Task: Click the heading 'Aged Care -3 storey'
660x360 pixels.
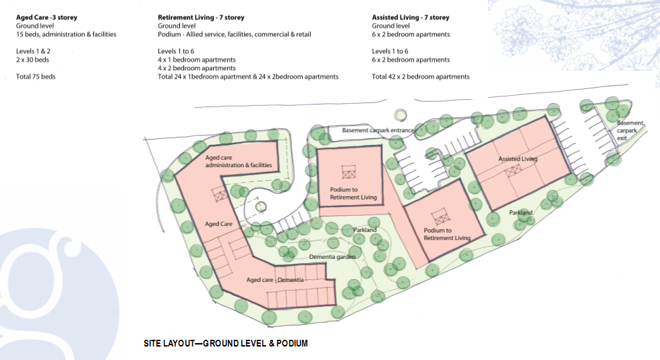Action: click(x=47, y=18)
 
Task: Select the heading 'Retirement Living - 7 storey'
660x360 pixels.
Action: click(x=201, y=18)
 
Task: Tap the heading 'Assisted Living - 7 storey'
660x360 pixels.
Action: click(x=411, y=18)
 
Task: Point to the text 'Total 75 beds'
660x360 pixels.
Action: click(x=36, y=77)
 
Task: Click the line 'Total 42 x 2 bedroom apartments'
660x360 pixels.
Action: click(x=421, y=77)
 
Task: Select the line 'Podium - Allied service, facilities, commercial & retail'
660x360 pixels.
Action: click(x=235, y=34)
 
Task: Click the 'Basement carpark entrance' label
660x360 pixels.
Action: click(x=378, y=130)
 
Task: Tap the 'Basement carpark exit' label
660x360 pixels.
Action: click(x=630, y=131)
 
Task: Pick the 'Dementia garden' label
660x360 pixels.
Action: click(x=332, y=257)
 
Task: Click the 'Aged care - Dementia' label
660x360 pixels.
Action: click(x=275, y=280)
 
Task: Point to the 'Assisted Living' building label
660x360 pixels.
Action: click(x=518, y=159)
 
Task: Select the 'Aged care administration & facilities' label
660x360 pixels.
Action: click(x=239, y=161)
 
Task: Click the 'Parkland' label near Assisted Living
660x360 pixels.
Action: click(x=520, y=212)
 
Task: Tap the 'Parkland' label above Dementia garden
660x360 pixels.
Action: click(x=365, y=230)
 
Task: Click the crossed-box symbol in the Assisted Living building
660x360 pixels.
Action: click(x=514, y=171)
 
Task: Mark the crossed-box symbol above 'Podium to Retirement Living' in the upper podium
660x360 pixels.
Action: click(x=349, y=172)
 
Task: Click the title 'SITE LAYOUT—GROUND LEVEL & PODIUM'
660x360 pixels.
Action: click(x=226, y=344)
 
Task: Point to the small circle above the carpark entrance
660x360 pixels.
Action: click(x=400, y=115)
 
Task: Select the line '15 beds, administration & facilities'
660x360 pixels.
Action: click(x=66, y=34)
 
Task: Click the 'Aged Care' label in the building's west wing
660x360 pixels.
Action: click(x=218, y=224)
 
